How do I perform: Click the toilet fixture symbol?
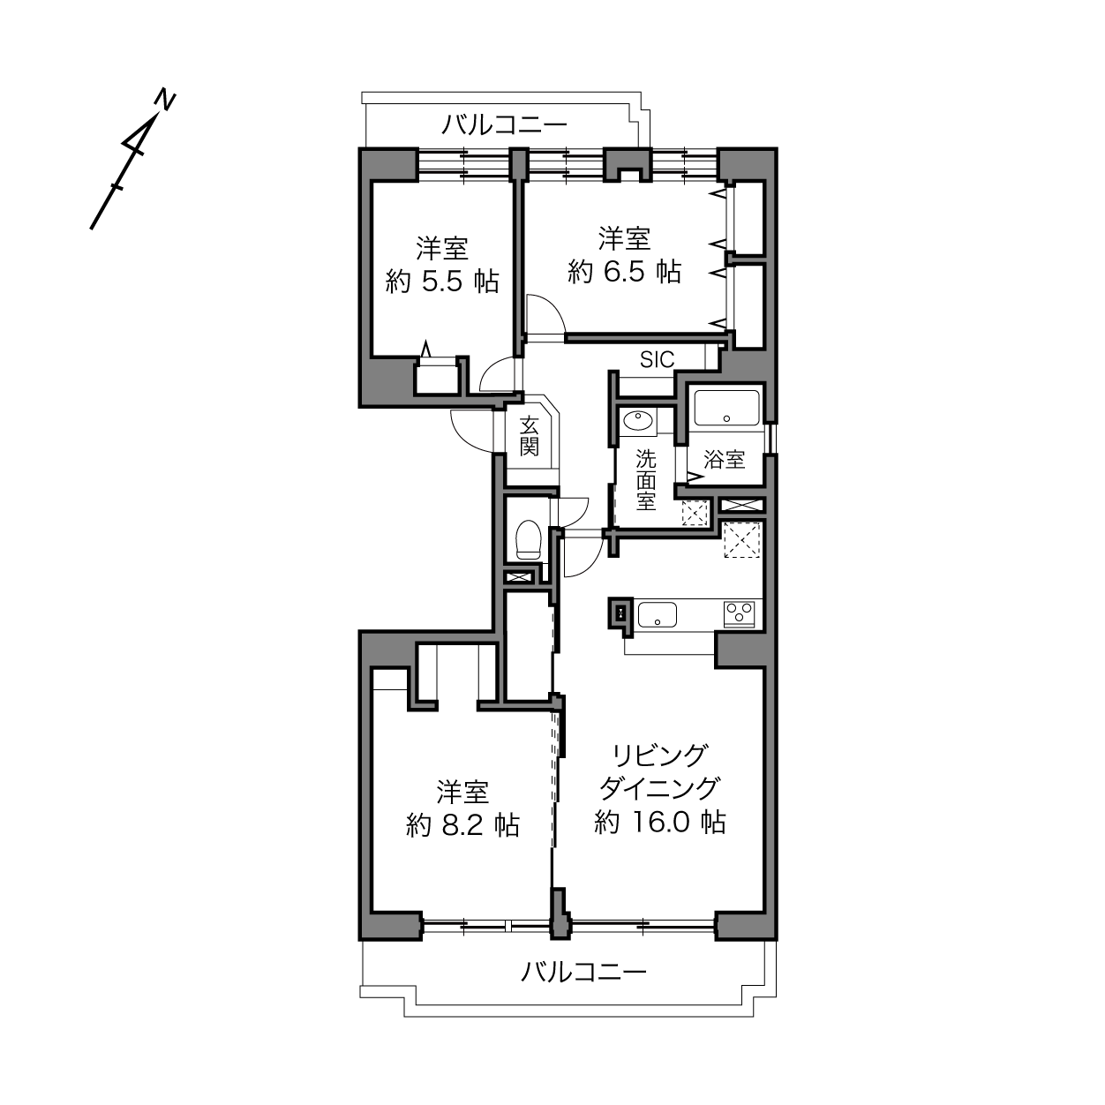tap(528, 539)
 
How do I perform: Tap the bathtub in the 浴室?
tap(726, 407)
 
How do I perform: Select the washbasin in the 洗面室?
tap(635, 422)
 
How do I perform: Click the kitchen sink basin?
tap(658, 614)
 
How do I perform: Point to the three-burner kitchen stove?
tap(739, 613)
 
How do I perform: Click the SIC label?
tap(658, 359)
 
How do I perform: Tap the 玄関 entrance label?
tap(529, 436)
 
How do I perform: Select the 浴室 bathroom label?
tap(725, 459)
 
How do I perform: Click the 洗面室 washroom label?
tap(646, 480)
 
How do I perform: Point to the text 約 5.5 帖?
tap(442, 282)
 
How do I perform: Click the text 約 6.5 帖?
tap(625, 271)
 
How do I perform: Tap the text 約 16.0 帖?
tap(660, 822)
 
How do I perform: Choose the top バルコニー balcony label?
tap(504, 124)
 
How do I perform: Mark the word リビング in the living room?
tap(659, 755)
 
